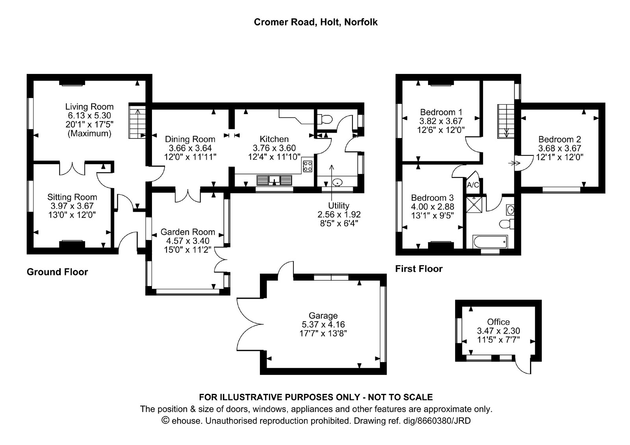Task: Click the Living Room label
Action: pyautogui.click(x=89, y=107)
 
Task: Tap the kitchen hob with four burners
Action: pyautogui.click(x=308, y=166)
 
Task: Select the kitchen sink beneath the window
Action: pyautogui.click(x=274, y=180)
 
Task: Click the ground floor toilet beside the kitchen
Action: pyautogui.click(x=324, y=119)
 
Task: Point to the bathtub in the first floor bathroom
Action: pyautogui.click(x=490, y=242)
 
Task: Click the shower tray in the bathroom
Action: pyautogui.click(x=474, y=204)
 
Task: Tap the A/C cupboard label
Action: pyautogui.click(x=473, y=185)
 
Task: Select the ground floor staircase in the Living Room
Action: pyautogui.click(x=137, y=121)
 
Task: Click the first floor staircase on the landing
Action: pyautogui.click(x=506, y=121)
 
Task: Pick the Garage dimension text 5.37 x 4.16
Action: pyautogui.click(x=323, y=324)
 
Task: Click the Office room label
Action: pyautogui.click(x=498, y=321)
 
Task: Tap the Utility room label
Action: pyautogui.click(x=339, y=205)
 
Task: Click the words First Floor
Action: pyautogui.click(x=419, y=269)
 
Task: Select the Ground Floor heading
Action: pyautogui.click(x=57, y=272)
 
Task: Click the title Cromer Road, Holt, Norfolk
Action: pyautogui.click(x=315, y=22)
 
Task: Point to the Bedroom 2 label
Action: pyautogui.click(x=560, y=139)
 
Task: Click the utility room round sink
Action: pyautogui.click(x=337, y=183)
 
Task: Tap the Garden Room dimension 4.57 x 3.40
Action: pyautogui.click(x=187, y=241)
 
